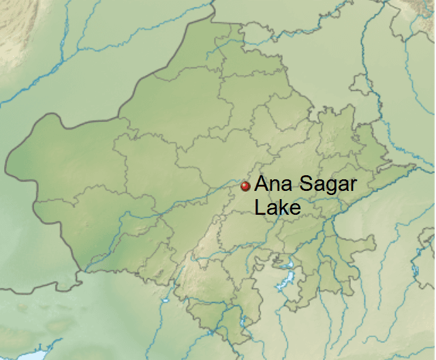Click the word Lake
pos(277,207)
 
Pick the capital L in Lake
pos(260,207)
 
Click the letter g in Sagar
pos(330,187)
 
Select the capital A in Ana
pos(262,185)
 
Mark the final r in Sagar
pos(354,186)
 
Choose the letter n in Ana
pos(273,186)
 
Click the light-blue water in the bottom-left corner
pos(27,355)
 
